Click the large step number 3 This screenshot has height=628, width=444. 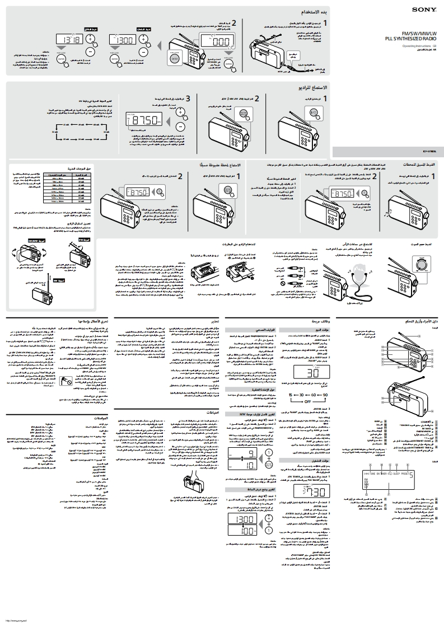coord(188,99)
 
